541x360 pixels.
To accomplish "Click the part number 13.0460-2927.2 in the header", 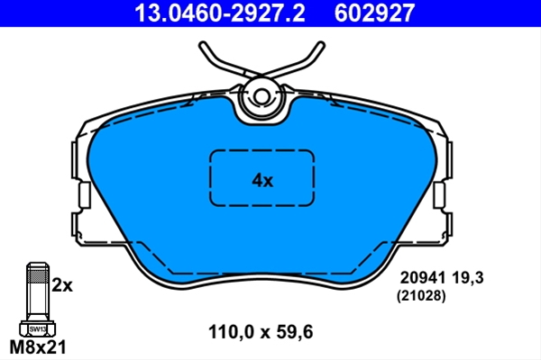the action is pos(220,13).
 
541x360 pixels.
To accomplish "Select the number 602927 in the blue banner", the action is pos(374,13).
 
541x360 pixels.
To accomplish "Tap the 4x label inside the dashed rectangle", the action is pos(262,180).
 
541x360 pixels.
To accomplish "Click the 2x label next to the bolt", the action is pos(62,285).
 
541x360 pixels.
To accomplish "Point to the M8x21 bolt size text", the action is pos(38,346).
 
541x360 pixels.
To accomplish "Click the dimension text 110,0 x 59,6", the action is pos(261,332).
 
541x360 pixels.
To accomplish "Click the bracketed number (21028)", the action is pos(421,295).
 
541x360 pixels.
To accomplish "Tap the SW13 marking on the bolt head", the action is pos(37,329).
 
